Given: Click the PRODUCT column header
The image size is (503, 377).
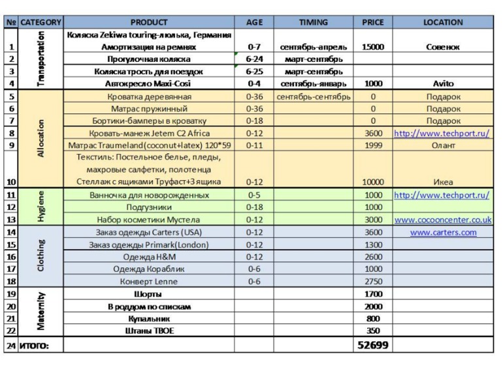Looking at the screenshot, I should (149, 22).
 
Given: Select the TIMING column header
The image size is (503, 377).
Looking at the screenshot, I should (314, 22).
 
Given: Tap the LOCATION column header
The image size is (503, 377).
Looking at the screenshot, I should (443, 22).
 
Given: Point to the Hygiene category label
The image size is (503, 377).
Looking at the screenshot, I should (41, 207).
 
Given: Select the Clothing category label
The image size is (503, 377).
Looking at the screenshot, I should (41, 256).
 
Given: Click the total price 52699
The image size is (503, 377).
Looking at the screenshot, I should (373, 344).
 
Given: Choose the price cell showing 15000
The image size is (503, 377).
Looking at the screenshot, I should (373, 47).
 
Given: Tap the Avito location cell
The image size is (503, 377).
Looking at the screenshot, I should (443, 83).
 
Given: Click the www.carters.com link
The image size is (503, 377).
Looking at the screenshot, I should (443, 232).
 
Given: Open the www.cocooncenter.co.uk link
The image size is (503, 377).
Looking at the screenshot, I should (443, 220).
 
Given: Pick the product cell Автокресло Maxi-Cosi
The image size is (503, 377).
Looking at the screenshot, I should (149, 83).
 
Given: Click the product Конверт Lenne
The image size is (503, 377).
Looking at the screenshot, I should (149, 281).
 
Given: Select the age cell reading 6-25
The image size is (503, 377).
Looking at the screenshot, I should (255, 71).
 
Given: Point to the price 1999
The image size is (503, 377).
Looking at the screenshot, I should (373, 145).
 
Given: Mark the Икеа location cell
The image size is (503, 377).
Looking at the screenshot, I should (443, 182).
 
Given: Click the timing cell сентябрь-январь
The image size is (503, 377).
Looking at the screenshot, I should (314, 83).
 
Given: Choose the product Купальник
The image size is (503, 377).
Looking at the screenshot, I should (149, 318).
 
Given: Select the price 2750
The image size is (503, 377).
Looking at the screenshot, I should (373, 281).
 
